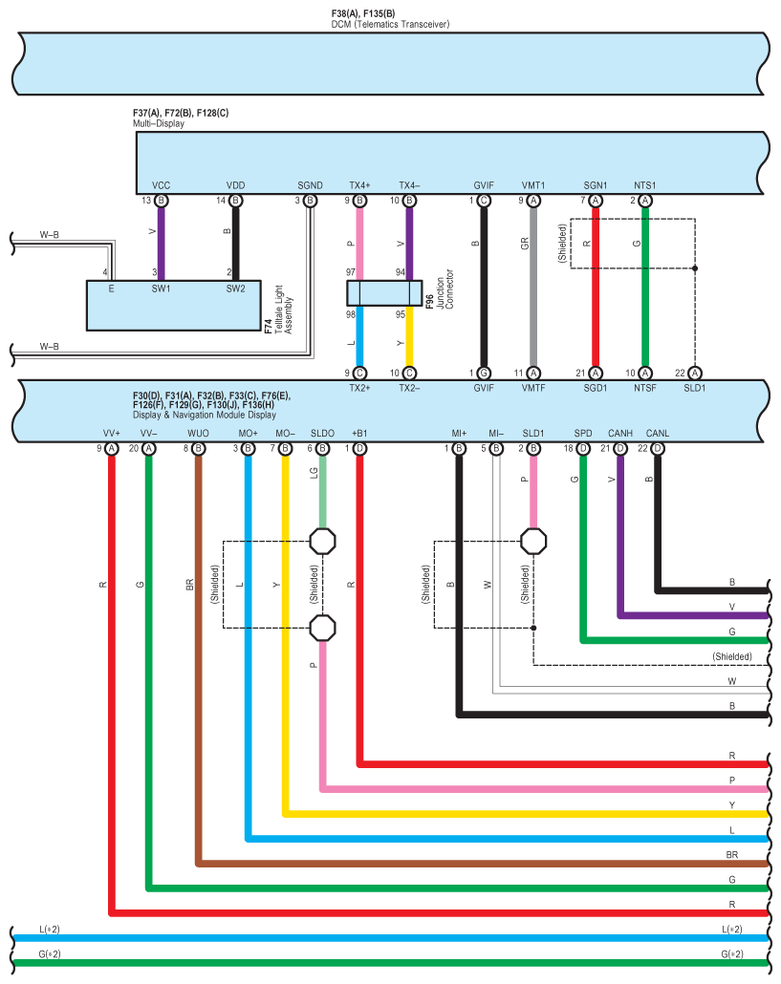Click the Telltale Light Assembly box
[x=171, y=305]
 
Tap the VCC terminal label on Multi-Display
[x=161, y=185]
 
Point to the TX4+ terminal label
[x=359, y=185]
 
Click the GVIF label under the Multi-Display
[x=484, y=185]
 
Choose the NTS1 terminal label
[x=645, y=185]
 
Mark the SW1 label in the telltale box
[x=161, y=288]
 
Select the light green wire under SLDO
[x=322, y=492]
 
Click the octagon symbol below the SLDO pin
[x=323, y=542]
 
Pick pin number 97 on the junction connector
[x=351, y=273]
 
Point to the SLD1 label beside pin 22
[x=695, y=389]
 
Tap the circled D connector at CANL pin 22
[x=657, y=448]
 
